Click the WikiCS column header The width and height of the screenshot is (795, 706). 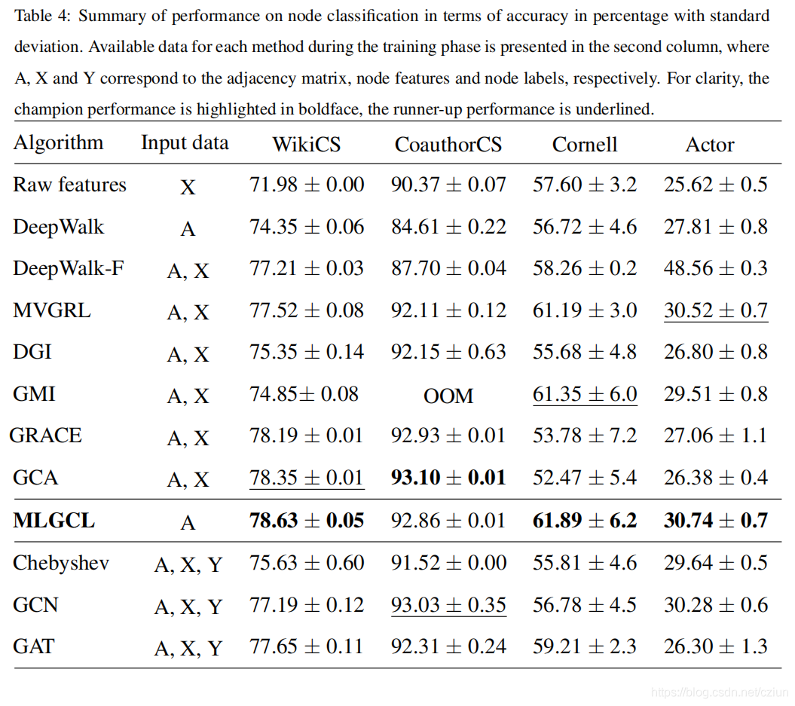click(x=306, y=144)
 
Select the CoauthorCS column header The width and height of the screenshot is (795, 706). click(x=448, y=144)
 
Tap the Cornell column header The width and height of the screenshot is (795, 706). click(x=584, y=144)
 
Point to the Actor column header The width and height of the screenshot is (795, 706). click(x=709, y=144)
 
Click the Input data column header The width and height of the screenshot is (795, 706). click(x=185, y=143)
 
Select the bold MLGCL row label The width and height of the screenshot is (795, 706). click(x=54, y=520)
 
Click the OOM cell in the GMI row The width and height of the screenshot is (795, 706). click(x=448, y=395)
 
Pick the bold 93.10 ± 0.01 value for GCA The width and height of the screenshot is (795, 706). click(x=448, y=478)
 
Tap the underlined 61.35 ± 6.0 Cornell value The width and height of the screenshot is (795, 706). click(x=584, y=394)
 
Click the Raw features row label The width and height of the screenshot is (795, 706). click(x=69, y=185)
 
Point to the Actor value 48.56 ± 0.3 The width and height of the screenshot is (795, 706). click(x=715, y=268)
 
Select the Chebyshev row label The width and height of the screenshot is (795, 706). click(x=61, y=563)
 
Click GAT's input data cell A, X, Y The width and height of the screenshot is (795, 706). click(x=188, y=648)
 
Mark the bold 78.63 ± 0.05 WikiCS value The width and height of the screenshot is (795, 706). click(x=306, y=520)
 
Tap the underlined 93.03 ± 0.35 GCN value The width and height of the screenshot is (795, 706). click(x=448, y=605)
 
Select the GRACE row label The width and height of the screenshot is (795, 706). click(x=46, y=436)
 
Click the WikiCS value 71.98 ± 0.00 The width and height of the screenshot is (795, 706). click(x=306, y=185)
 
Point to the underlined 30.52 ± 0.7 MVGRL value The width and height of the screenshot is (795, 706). click(x=715, y=310)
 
